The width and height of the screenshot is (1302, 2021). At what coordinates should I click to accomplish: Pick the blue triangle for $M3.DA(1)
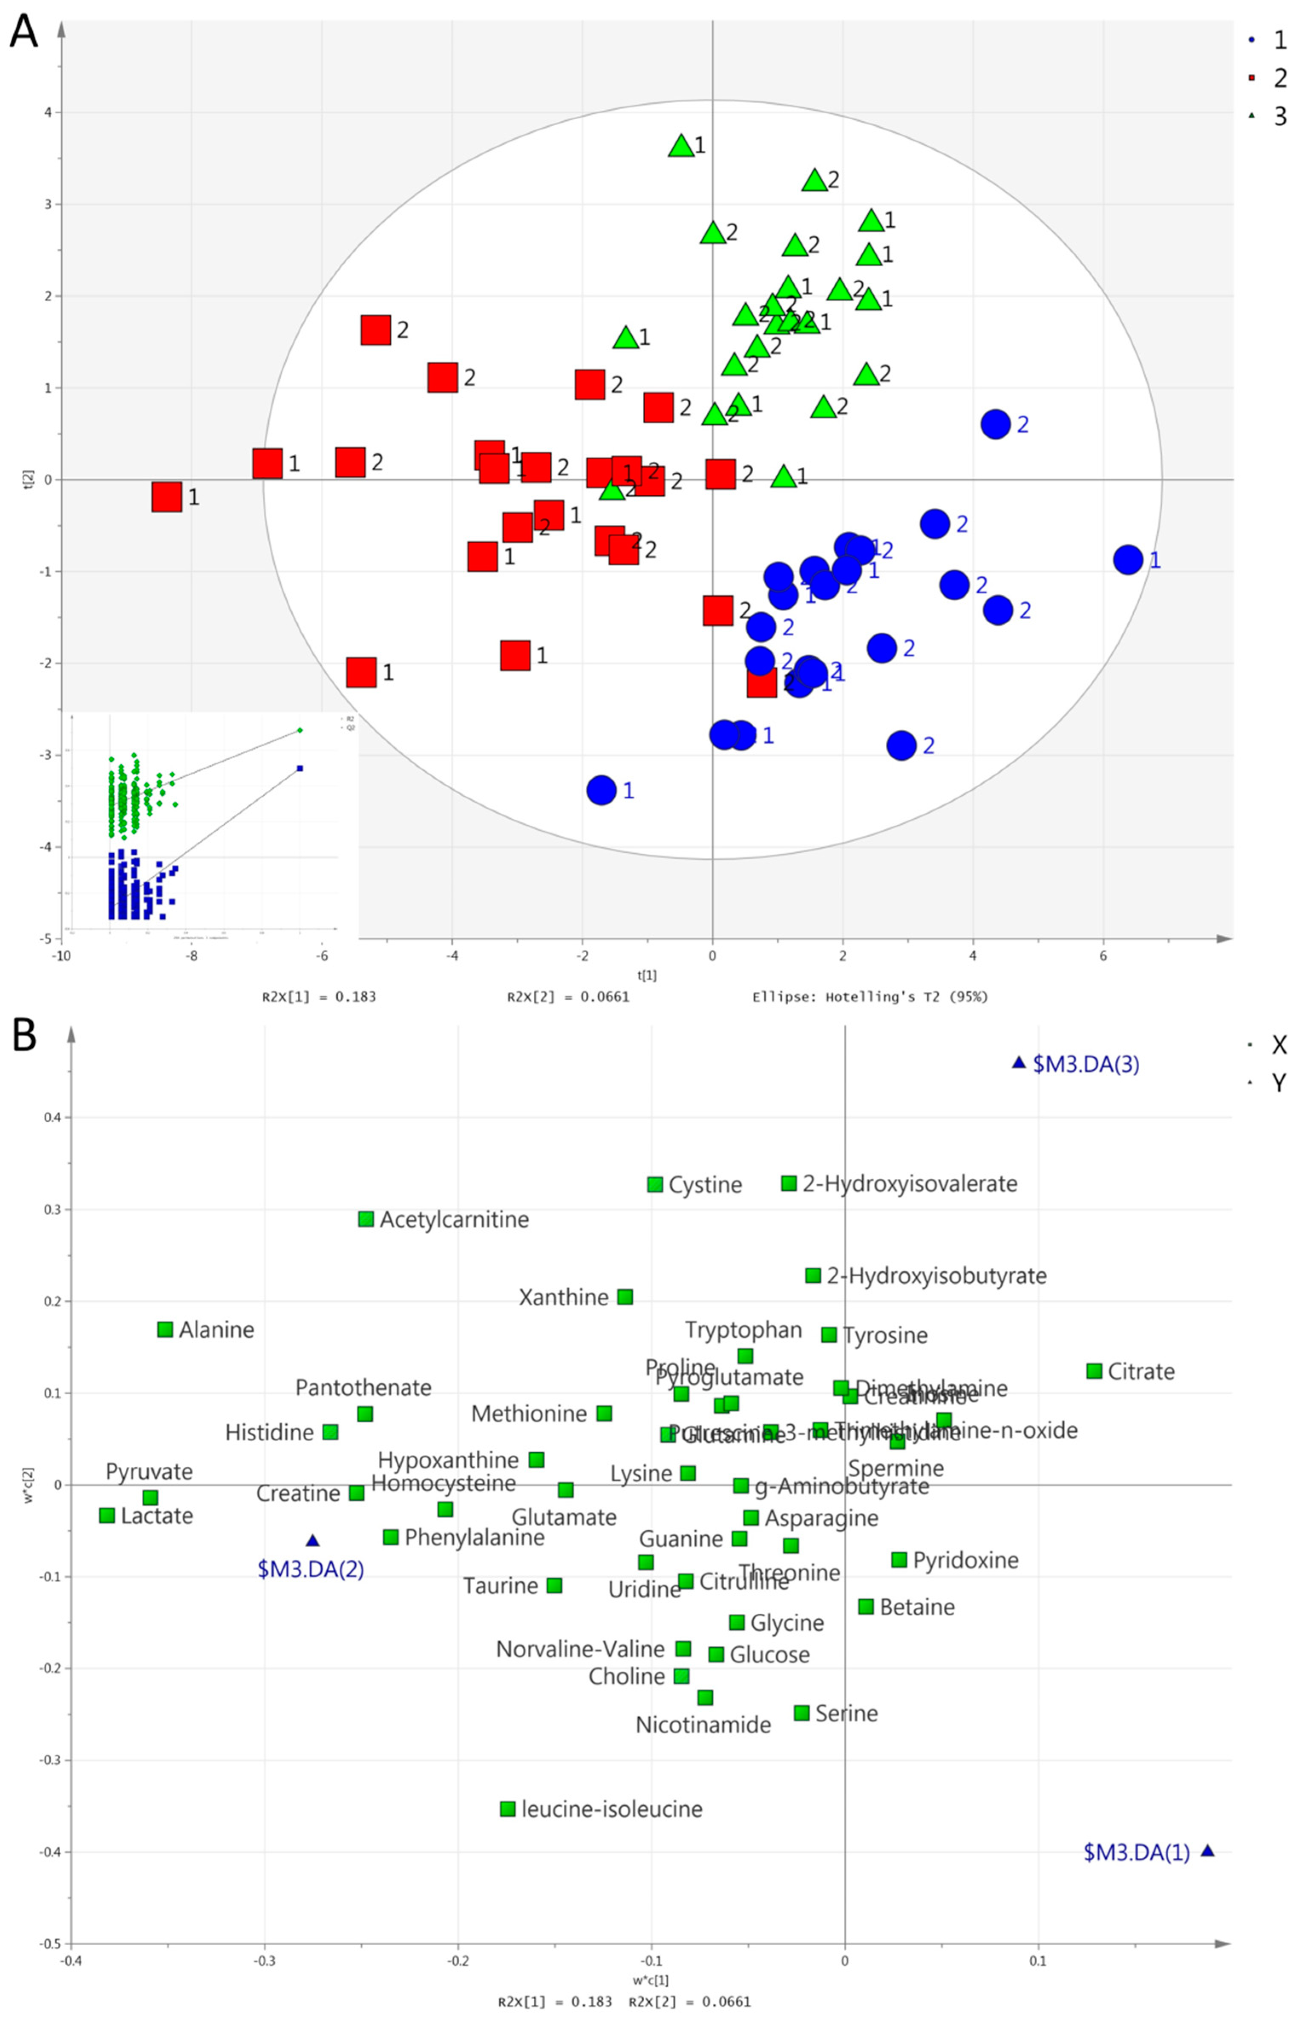point(1207,1851)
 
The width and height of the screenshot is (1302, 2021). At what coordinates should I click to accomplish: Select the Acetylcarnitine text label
point(454,1220)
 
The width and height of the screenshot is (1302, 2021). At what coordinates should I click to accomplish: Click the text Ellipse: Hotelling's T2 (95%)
point(870,996)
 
